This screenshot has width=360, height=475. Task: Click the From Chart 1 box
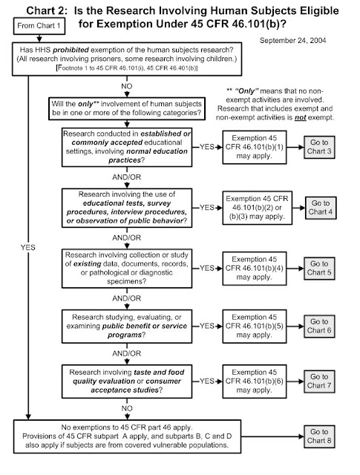coord(39,26)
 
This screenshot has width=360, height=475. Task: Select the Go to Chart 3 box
coord(319,147)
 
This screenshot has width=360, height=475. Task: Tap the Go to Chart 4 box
coord(321,208)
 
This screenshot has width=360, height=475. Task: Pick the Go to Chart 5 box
coord(319,269)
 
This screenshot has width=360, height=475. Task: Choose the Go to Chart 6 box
coord(319,327)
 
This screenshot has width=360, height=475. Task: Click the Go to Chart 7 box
coord(319,381)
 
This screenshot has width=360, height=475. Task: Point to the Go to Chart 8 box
coord(319,436)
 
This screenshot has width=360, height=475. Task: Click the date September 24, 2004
coord(292,41)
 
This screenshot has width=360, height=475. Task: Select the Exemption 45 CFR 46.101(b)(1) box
coord(255,147)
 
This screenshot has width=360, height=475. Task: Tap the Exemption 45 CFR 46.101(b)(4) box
coord(255,269)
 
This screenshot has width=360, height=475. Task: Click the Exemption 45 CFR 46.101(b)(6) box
coord(255,381)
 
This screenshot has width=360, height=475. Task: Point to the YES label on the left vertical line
coord(28,247)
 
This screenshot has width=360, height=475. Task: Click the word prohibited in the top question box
coord(71,50)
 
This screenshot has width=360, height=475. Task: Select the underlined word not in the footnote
coord(300,117)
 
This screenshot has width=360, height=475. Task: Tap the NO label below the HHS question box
coord(127,86)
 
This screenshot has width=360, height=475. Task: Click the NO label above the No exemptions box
coord(127,408)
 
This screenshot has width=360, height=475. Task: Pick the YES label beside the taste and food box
coord(207,381)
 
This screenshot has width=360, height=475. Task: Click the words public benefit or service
coord(145,327)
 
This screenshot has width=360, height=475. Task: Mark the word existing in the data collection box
coord(88,264)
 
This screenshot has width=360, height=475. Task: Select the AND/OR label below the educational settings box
coord(127,177)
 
